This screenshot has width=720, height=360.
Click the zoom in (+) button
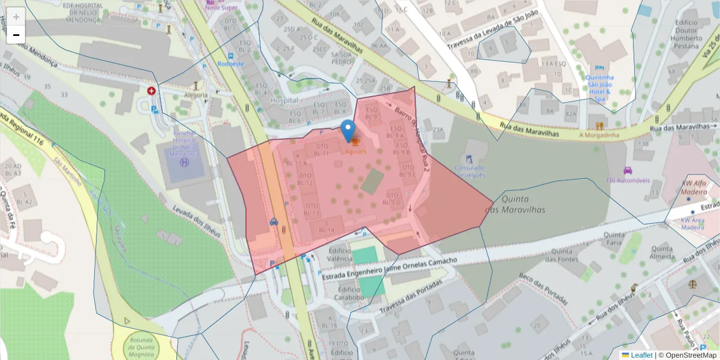(x=16, y=17)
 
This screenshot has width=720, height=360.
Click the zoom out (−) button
(x=16, y=35)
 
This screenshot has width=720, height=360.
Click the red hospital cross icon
(x=151, y=91)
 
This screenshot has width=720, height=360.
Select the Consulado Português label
(x=469, y=172)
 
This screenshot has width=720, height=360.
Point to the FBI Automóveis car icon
(x=628, y=170)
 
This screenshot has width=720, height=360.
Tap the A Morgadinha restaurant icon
(x=599, y=125)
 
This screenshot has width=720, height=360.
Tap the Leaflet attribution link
(x=637, y=355)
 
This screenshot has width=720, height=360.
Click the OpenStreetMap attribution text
(x=687, y=355)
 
